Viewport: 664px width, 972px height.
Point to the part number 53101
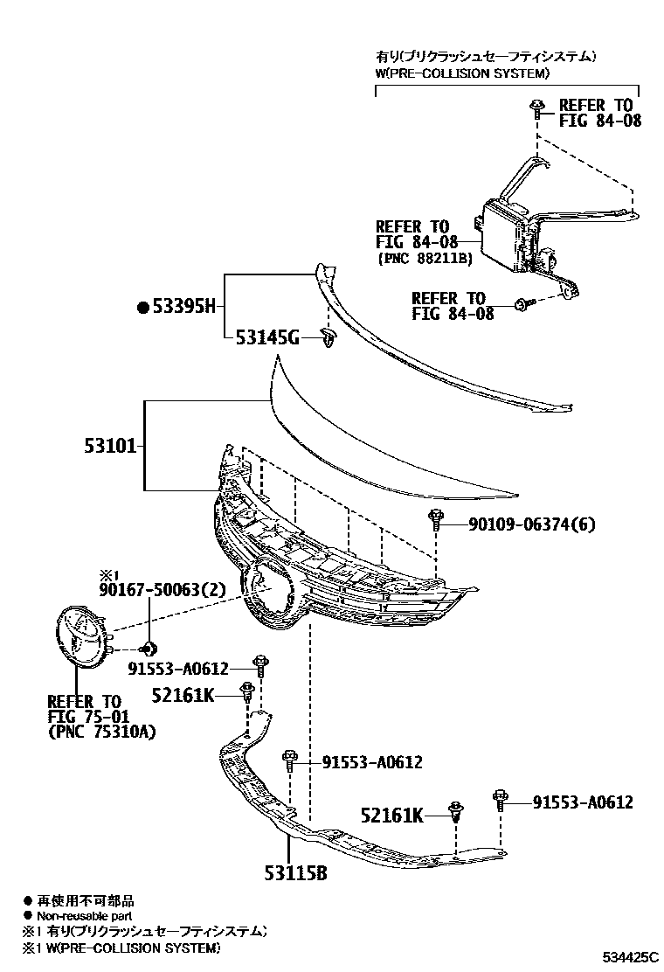tap(110, 446)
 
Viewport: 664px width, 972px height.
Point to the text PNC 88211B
tap(425, 259)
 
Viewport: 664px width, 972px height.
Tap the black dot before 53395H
tap(143, 307)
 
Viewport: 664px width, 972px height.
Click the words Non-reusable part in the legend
tap(84, 915)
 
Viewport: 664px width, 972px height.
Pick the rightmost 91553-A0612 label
tap(583, 802)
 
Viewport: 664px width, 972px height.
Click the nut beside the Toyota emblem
tap(149, 648)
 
